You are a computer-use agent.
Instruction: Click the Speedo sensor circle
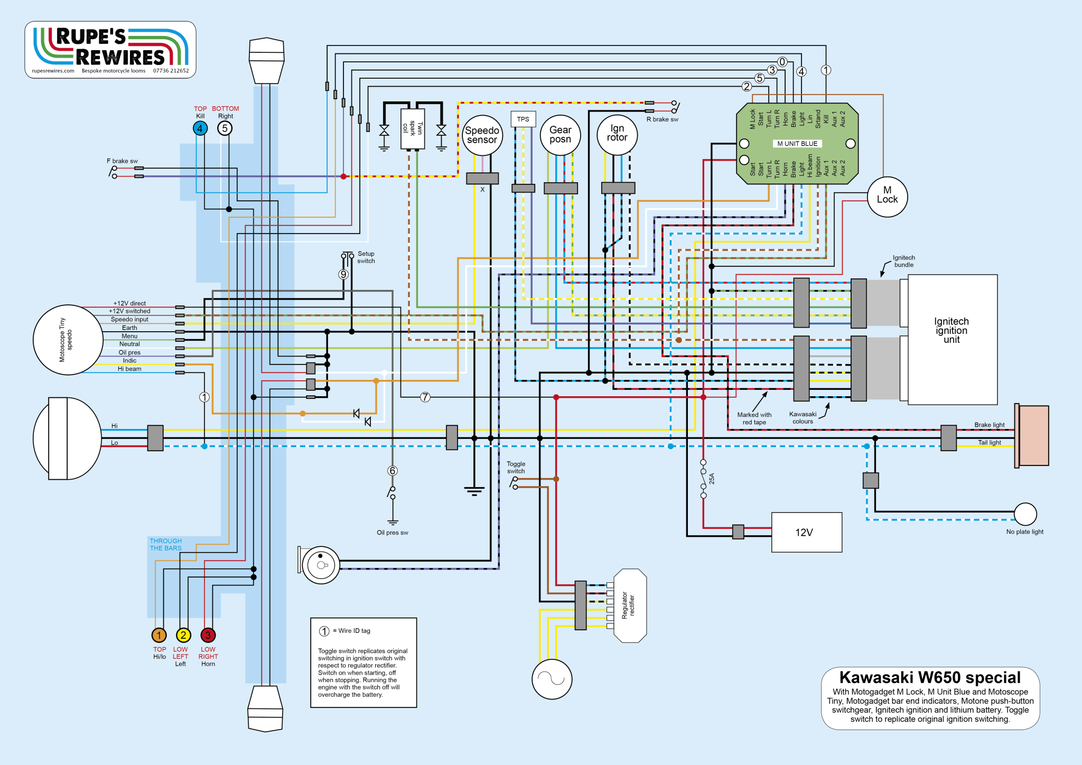click(x=482, y=135)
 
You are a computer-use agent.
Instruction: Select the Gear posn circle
click(x=560, y=135)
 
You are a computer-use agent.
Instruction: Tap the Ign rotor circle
click(x=617, y=135)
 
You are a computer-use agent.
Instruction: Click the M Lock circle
click(x=887, y=196)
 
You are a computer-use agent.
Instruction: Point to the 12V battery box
click(x=806, y=532)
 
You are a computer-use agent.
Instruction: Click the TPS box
click(x=523, y=119)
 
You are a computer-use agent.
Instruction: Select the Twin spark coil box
click(x=413, y=128)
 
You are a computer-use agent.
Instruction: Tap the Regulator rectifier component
click(x=630, y=605)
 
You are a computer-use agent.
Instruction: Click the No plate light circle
click(x=1025, y=514)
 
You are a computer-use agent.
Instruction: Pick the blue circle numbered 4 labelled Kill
click(x=200, y=128)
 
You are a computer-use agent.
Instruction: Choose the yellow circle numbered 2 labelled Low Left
click(x=183, y=635)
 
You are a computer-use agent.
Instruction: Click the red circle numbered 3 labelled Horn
click(x=208, y=635)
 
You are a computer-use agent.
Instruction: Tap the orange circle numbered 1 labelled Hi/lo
click(x=159, y=635)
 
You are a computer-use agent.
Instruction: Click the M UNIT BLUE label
click(x=797, y=144)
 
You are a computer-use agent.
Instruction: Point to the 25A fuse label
click(x=712, y=479)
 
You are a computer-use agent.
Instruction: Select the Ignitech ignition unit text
click(x=952, y=331)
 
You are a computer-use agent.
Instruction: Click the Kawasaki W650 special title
click(x=930, y=677)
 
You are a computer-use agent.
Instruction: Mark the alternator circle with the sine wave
click(x=552, y=679)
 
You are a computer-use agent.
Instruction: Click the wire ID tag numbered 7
click(x=425, y=397)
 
